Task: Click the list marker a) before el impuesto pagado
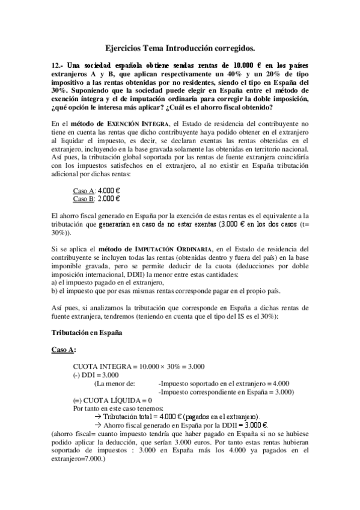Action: point(55,282)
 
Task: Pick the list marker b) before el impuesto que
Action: point(55,290)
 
